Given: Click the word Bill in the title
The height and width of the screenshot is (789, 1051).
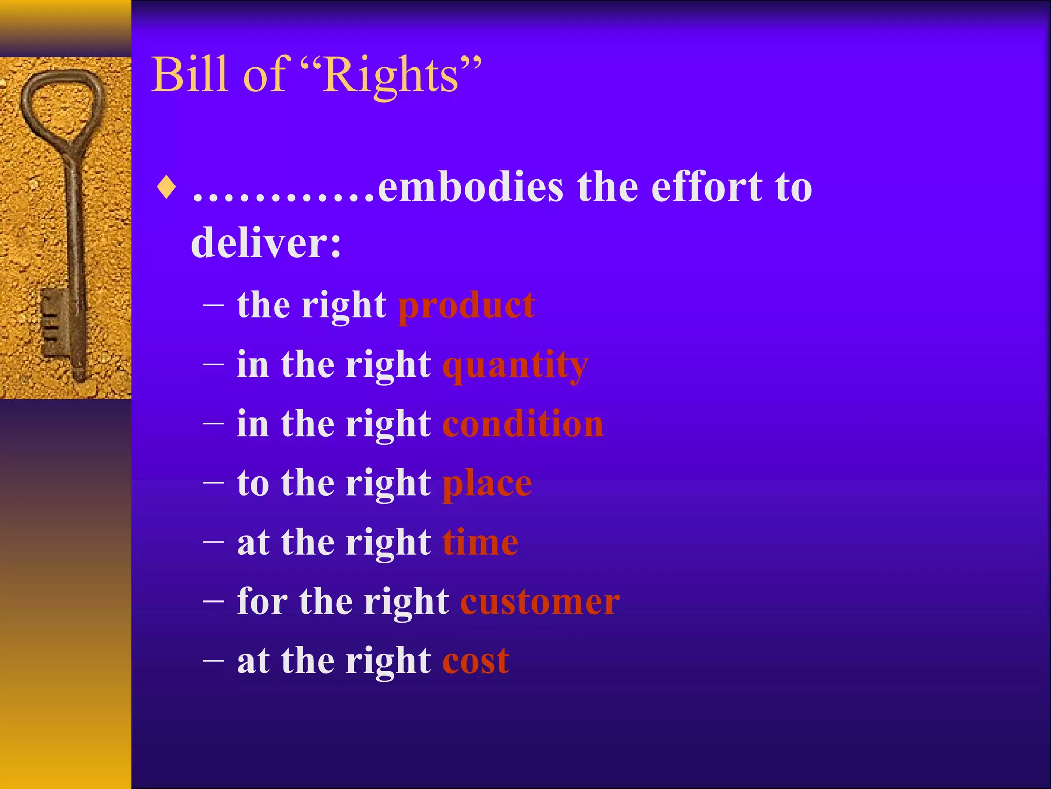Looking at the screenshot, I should (x=189, y=75).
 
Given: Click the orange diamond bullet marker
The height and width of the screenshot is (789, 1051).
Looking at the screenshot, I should (x=167, y=187).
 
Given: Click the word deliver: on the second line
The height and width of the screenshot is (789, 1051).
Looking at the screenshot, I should (x=266, y=243).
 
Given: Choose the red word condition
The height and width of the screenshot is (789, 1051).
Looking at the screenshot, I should (x=523, y=424).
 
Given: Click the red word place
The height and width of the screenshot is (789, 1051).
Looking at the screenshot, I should (x=487, y=484).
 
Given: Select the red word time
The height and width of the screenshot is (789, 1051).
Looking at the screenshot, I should (x=480, y=542).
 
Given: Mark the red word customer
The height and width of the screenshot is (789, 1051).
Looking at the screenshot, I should (x=540, y=602).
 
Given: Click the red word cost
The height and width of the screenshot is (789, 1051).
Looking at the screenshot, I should (x=476, y=661).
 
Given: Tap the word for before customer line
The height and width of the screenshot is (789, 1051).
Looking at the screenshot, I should (x=262, y=602).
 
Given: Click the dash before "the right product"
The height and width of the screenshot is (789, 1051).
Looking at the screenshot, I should (x=213, y=305).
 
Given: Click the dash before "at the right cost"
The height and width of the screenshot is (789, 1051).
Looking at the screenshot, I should (x=213, y=660).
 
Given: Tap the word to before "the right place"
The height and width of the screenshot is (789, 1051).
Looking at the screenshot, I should (x=253, y=484).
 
